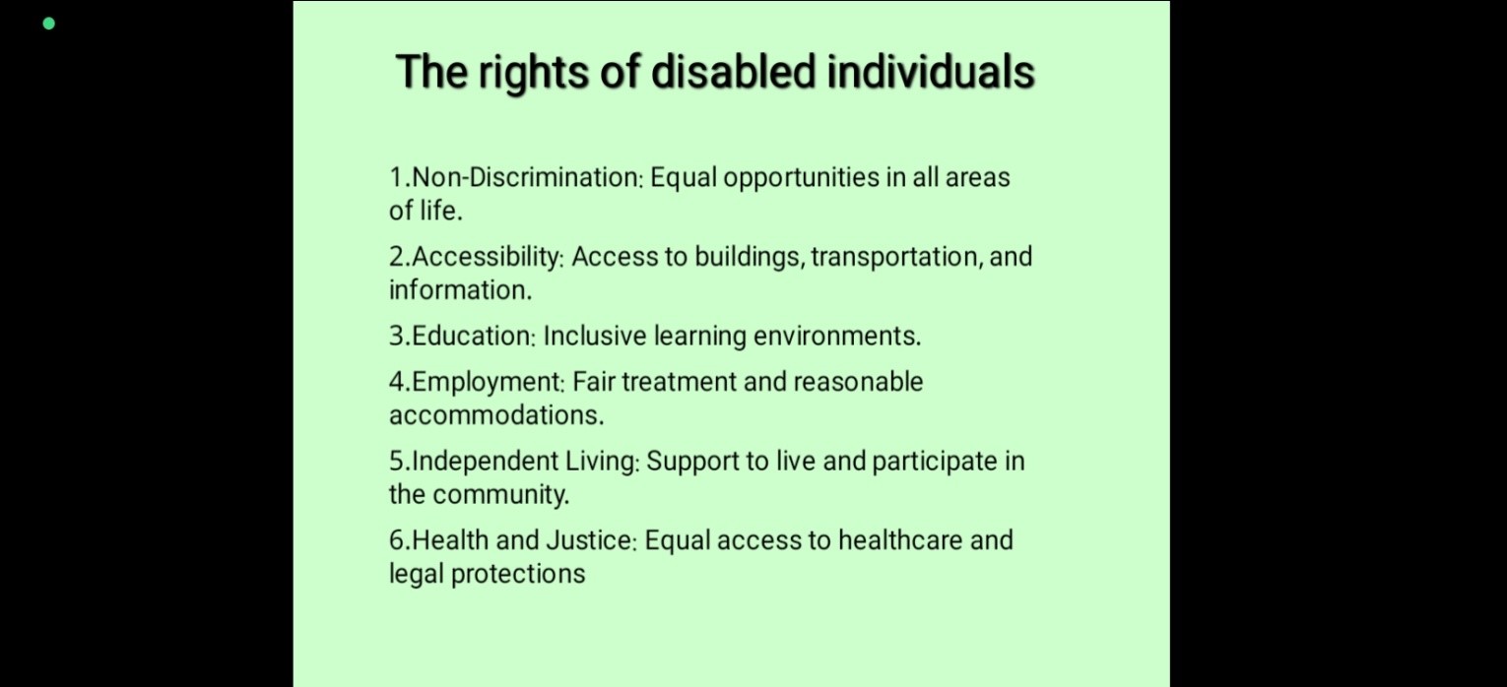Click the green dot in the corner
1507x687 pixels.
click(48, 24)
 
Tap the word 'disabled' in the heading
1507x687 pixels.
click(734, 71)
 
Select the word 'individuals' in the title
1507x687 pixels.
click(931, 71)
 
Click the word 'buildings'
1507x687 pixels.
click(749, 258)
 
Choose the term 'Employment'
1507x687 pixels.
click(488, 383)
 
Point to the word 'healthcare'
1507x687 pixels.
click(900, 540)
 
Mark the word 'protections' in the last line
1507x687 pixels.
click(518, 575)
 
